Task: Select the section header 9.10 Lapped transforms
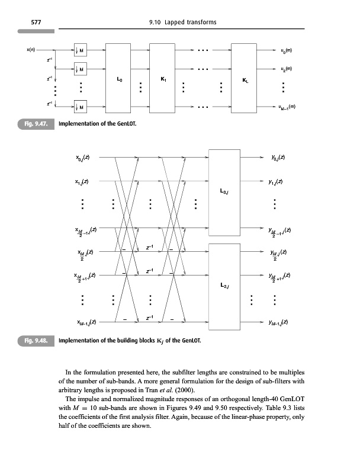tap(184, 23)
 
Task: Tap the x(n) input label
tap(31, 50)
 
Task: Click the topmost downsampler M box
tap(81, 50)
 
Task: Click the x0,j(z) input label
tap(86, 158)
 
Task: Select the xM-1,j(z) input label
tap(86, 322)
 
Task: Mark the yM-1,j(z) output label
tap(276, 322)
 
